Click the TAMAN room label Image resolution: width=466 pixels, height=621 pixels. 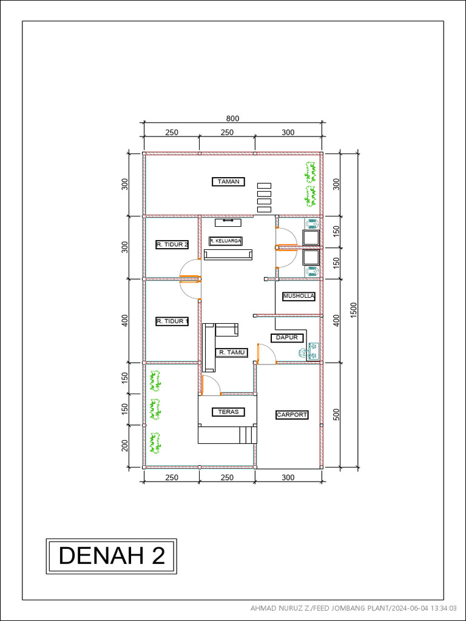[x=229, y=181]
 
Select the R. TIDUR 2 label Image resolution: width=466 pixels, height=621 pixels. [x=172, y=244]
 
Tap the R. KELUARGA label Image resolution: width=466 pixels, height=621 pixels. [x=226, y=241]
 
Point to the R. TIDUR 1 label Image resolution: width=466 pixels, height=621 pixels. [x=172, y=321]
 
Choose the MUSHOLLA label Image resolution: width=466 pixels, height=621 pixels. [x=299, y=296]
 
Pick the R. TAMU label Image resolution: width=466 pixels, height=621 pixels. [x=231, y=352]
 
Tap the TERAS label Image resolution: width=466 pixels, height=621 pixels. [x=228, y=412]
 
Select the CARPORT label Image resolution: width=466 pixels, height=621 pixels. [x=292, y=415]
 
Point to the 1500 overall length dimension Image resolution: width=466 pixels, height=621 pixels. [x=354, y=309]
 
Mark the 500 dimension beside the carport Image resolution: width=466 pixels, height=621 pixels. [x=336, y=414]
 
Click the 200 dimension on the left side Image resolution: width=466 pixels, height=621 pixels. [x=125, y=446]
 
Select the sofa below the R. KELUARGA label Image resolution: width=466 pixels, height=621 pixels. [x=228, y=255]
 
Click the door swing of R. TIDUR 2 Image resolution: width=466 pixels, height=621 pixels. [x=189, y=267]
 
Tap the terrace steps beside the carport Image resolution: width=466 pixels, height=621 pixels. [x=246, y=435]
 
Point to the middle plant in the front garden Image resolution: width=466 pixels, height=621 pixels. [x=155, y=410]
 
